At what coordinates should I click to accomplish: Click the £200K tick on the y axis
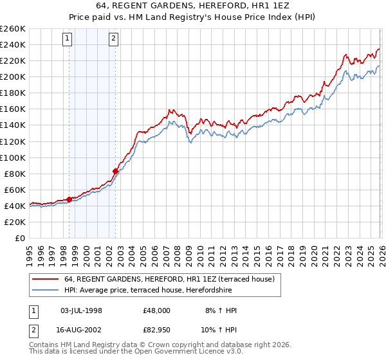(13, 76)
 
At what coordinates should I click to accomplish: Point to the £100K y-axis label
(13, 157)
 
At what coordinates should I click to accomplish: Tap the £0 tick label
(19, 238)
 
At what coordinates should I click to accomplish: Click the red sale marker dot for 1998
(69, 199)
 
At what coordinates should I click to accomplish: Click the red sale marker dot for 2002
(116, 171)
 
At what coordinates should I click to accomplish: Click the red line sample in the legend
(46, 279)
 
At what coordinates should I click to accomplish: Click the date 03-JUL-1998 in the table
(82, 310)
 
